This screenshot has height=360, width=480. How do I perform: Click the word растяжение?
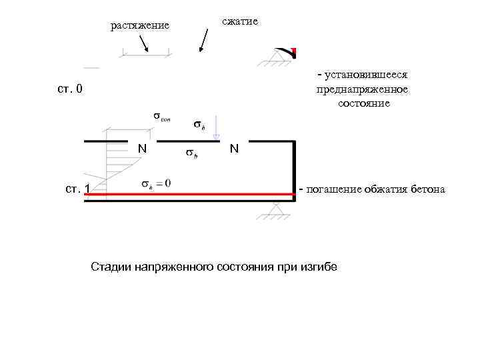(x=139, y=26)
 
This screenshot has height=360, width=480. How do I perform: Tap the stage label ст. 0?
(x=69, y=89)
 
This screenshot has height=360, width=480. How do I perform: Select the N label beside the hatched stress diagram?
(x=142, y=148)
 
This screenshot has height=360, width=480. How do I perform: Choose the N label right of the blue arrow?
(x=234, y=149)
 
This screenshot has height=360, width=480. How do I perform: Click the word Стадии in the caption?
(x=110, y=267)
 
